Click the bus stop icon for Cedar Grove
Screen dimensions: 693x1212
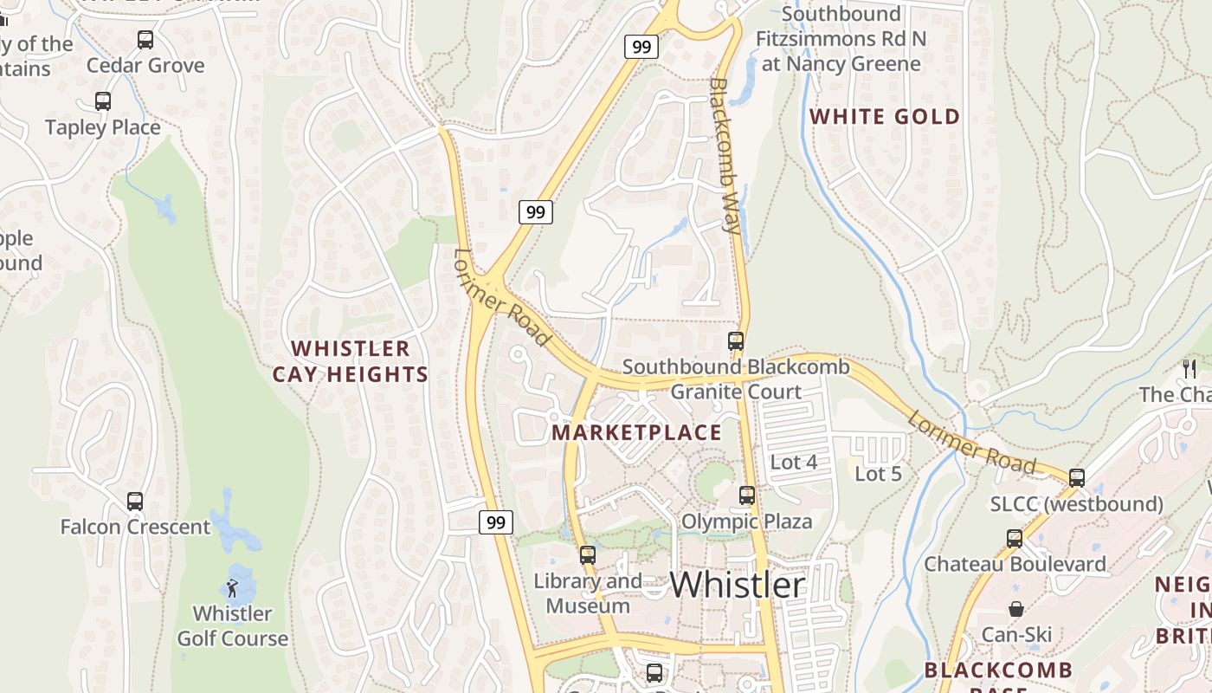145,39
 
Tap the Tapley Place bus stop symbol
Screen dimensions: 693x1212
103,101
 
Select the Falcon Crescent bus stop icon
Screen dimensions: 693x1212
135,501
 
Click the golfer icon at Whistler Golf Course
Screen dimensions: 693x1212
232,589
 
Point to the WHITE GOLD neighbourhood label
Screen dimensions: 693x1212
884,117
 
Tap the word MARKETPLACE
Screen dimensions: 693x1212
636,432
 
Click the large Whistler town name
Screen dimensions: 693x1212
738,585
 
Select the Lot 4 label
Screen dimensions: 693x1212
793,463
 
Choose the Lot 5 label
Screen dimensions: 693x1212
878,474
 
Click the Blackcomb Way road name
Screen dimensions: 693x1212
725,156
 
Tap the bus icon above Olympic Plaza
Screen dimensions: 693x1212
747,495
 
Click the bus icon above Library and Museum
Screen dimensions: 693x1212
588,555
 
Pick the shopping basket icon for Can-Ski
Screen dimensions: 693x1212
1016,609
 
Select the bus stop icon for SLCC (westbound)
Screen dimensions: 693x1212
1077,477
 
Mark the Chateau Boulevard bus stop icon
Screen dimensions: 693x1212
1015,538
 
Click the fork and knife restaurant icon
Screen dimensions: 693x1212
1189,369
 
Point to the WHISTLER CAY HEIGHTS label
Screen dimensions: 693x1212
350,361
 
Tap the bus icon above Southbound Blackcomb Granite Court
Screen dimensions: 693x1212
736,341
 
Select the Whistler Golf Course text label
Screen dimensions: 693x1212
232,626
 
